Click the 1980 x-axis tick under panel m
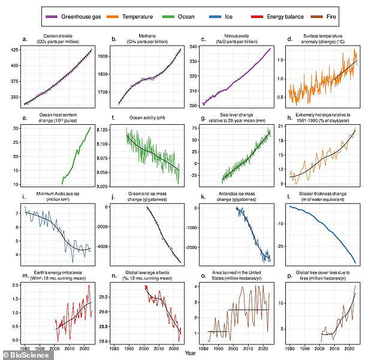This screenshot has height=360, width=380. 24,347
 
